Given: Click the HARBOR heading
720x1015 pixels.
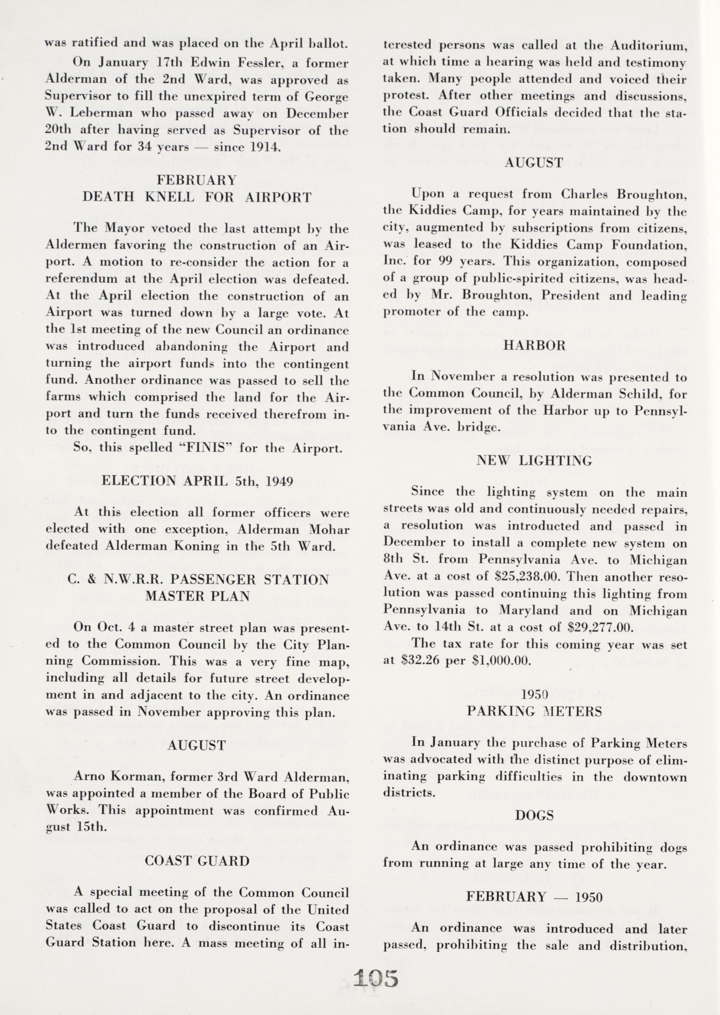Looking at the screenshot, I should click(x=534, y=346).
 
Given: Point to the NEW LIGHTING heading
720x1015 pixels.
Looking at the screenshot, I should click(x=534, y=461).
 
